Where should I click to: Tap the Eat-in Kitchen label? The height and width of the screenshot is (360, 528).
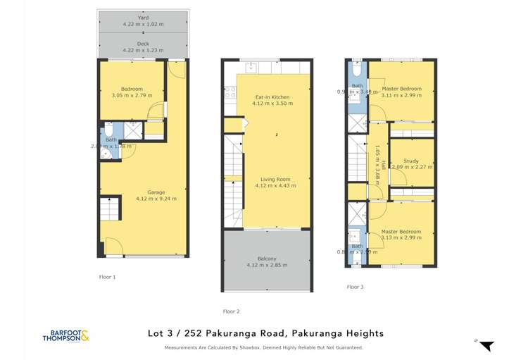click(x=267, y=97)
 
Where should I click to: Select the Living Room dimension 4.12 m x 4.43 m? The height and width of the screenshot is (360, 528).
click(x=267, y=186)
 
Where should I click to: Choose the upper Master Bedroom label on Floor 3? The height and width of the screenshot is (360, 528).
click(x=402, y=89)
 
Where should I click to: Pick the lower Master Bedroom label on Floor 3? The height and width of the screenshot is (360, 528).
click(x=402, y=232)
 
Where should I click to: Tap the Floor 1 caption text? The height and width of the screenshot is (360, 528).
click(x=107, y=277)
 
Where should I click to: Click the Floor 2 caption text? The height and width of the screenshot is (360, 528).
click(x=231, y=311)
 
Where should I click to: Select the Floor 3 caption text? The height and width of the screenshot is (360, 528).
click(x=356, y=287)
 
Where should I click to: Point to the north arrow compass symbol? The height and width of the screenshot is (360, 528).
click(x=485, y=345)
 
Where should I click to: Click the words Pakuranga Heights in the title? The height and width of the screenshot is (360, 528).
click(x=341, y=333)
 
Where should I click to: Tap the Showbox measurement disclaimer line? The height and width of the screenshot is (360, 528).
click(x=264, y=347)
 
